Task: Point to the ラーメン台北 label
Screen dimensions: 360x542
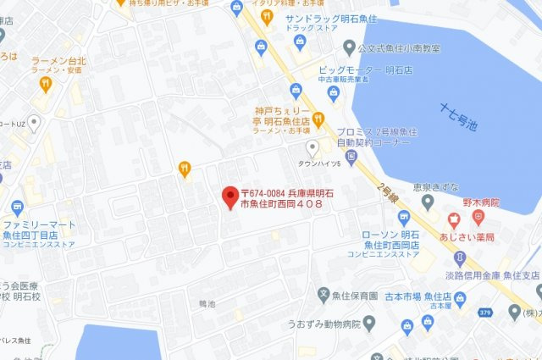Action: (x=60, y=62)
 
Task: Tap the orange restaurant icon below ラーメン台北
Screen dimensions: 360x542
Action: (x=45, y=83)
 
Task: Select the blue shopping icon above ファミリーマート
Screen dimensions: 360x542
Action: (x=17, y=207)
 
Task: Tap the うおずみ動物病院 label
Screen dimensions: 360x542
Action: (x=324, y=324)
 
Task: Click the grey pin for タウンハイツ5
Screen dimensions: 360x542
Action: (x=312, y=147)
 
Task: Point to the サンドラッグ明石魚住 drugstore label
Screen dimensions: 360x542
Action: (x=338, y=18)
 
